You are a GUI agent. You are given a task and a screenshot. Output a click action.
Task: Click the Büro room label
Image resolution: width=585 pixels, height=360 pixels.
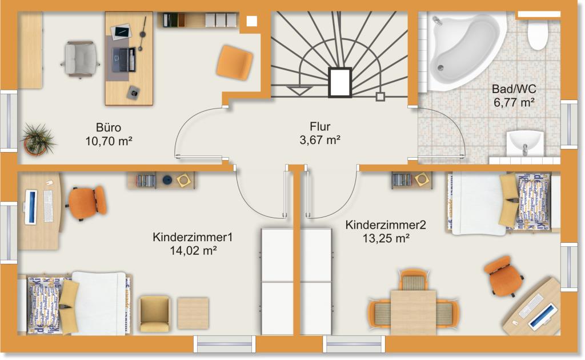click(109, 127)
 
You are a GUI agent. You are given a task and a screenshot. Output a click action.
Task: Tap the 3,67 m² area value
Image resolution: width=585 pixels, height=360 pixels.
click(320, 140)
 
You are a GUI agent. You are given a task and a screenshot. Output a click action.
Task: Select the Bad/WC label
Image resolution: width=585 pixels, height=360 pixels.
click(514, 89)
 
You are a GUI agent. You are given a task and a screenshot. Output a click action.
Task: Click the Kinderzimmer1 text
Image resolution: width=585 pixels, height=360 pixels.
click(193, 237)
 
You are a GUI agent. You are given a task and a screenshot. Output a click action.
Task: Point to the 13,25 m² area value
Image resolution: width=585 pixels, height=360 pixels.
click(386, 238)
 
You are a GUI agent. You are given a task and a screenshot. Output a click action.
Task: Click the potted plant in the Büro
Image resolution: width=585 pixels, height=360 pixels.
click(37, 139)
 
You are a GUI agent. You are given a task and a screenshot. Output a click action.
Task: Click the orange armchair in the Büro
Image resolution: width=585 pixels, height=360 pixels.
click(235, 62)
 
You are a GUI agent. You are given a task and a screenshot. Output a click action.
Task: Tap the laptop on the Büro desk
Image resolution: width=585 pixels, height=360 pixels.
click(124, 59)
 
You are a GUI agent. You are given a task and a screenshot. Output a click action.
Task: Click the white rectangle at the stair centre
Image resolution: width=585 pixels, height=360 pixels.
click(340, 82)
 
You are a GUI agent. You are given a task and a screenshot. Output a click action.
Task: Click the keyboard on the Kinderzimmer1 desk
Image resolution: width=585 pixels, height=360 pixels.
click(49, 206)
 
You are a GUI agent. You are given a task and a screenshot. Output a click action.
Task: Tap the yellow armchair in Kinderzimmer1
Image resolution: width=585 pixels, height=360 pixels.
click(154, 314)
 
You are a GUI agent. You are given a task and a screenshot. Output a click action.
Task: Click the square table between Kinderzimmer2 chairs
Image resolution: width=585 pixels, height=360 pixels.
click(414, 312)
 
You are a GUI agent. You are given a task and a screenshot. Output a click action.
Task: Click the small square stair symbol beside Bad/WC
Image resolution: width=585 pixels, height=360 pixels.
click(380, 97)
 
